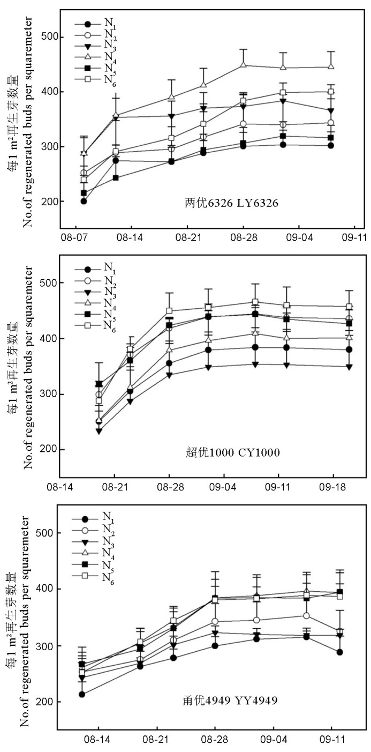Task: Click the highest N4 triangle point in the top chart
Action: (x=243, y=65)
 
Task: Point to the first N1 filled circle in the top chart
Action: (x=84, y=201)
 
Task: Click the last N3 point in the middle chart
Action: (x=349, y=367)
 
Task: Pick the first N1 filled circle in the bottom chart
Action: (x=81, y=694)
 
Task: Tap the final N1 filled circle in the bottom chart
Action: (x=340, y=652)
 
